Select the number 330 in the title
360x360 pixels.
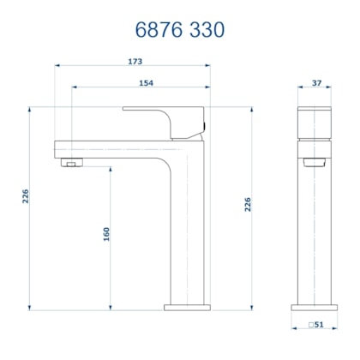(x=206, y=30)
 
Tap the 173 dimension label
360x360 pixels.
(x=133, y=62)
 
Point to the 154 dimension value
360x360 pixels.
(x=146, y=82)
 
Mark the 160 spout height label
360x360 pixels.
(x=106, y=234)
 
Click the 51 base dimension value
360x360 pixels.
(x=320, y=325)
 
